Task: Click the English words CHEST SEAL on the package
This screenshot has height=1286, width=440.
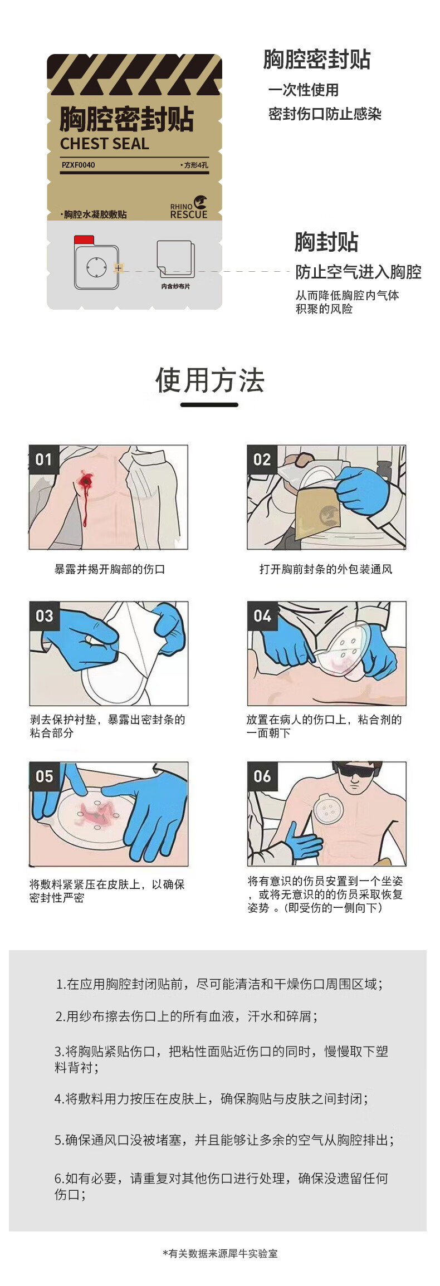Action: click(x=105, y=144)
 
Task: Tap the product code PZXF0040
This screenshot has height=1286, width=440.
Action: click(x=78, y=165)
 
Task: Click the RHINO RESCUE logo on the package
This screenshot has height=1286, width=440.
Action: click(x=189, y=208)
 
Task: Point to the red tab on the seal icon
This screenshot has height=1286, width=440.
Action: click(x=84, y=240)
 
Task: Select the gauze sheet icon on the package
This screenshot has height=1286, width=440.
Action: click(x=175, y=260)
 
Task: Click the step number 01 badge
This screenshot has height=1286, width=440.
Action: click(x=43, y=459)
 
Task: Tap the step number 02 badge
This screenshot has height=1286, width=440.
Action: click(x=262, y=459)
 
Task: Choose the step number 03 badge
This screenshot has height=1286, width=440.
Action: click(x=44, y=615)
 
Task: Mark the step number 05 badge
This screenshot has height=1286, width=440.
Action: click(x=44, y=776)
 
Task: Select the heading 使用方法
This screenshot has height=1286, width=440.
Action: click(x=209, y=380)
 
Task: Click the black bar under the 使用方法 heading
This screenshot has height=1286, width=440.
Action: click(x=209, y=404)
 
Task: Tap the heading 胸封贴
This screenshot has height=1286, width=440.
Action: click(x=326, y=242)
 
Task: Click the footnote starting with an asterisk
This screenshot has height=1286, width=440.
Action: click(x=220, y=1253)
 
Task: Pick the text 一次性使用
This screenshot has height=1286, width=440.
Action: click(x=304, y=90)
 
